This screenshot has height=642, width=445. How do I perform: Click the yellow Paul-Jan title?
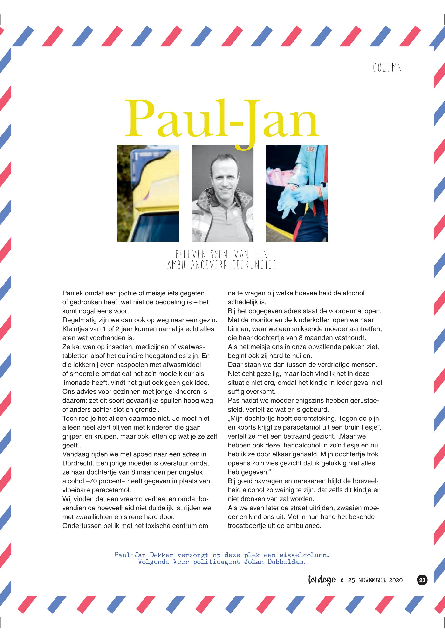[222, 120]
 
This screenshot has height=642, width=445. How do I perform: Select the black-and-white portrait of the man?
[222, 193]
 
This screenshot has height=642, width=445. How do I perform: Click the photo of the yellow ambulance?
[148, 193]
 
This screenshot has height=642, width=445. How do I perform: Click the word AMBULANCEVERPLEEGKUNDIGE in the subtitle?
[221, 265]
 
